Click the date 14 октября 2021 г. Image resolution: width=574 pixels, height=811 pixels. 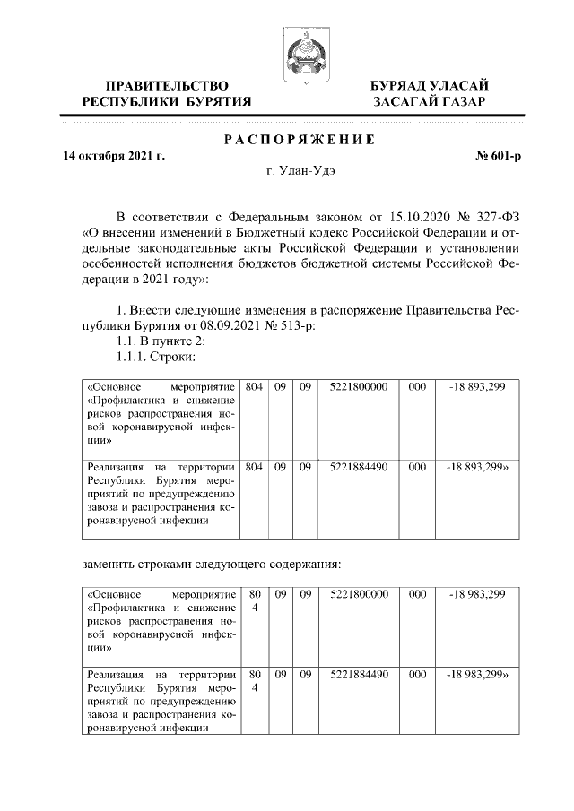[x=115, y=156]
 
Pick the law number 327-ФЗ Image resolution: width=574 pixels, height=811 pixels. [x=496, y=217]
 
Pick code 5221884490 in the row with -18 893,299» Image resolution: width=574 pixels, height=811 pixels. [x=358, y=467]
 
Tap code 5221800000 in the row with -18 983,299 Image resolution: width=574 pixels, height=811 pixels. [x=358, y=594]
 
